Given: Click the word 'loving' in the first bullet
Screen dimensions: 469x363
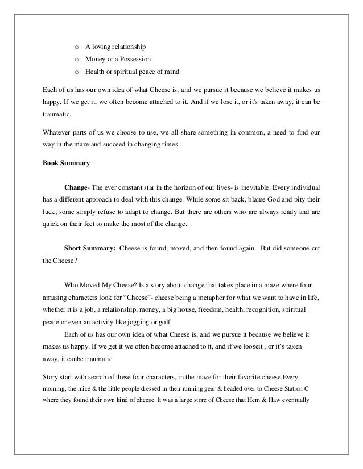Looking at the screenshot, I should (103, 46).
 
